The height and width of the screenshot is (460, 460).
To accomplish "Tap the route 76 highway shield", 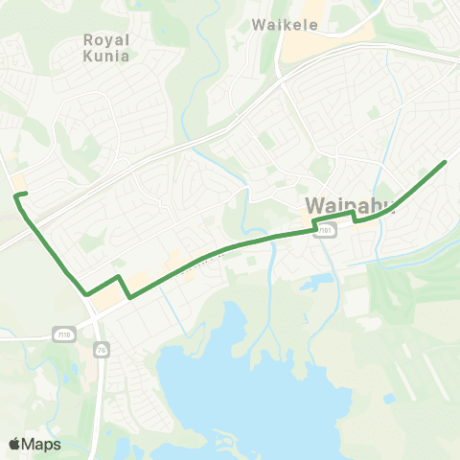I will click(x=101, y=351).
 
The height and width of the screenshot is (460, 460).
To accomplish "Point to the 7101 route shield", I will click(x=327, y=231).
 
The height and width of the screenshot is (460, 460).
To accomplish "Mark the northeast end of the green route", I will click(x=446, y=162).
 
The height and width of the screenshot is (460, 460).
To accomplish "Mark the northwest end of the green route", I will click(x=15, y=195).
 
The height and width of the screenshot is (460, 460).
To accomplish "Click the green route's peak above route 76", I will click(x=119, y=276).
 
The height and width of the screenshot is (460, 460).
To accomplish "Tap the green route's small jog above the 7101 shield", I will click(x=315, y=222).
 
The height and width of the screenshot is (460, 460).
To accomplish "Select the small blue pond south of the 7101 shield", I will click(x=317, y=282).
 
